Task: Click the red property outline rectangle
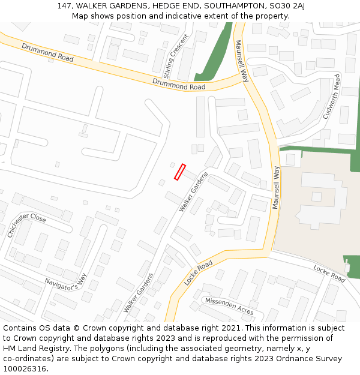[x=179, y=172]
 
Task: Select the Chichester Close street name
[x=26, y=226]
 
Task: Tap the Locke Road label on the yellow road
[x=199, y=273]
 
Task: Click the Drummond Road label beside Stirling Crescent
[x=179, y=83]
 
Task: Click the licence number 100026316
[x=25, y=368]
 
